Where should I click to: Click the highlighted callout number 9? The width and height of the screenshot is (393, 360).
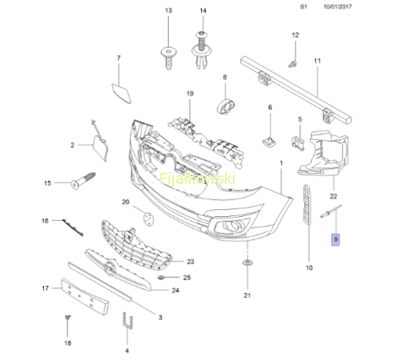336,240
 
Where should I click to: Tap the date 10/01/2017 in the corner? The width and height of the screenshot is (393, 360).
337,7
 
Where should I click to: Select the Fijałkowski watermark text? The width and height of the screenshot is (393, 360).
197,178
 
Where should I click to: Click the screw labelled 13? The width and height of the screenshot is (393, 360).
169,57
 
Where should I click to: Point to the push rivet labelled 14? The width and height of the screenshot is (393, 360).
201,50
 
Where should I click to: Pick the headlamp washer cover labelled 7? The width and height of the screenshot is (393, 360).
121,93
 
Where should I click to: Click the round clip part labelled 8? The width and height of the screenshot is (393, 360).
226,107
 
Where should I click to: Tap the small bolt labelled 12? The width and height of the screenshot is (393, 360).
292,64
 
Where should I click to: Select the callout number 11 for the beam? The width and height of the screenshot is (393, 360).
317,61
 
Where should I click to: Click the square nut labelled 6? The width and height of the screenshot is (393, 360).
269,142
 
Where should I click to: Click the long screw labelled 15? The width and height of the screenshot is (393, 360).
83,181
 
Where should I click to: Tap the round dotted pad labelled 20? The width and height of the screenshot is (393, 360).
149,219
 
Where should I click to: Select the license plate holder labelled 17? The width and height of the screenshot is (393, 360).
85,296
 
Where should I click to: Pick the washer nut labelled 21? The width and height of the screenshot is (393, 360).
247,263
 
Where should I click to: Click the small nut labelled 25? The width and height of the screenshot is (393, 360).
161,277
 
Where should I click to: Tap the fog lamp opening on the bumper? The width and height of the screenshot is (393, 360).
232,226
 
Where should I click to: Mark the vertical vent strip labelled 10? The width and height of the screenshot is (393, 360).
307,205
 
